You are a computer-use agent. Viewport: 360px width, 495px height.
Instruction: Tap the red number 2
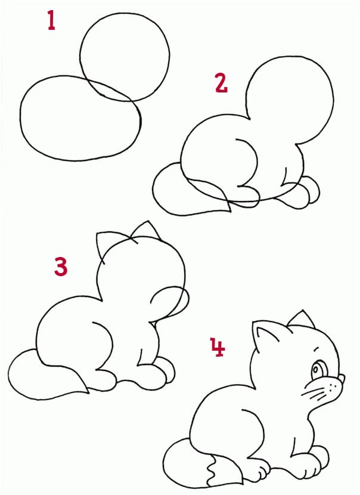pyautogui.click(x=221, y=83)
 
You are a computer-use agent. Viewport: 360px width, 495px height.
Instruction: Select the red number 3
pyautogui.click(x=61, y=266)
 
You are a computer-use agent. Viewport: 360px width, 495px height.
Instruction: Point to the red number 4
pyautogui.click(x=218, y=346)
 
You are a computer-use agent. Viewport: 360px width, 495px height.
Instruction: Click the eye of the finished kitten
pyautogui.click(x=317, y=369)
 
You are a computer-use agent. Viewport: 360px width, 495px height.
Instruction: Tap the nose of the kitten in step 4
pyautogui.click(x=342, y=378)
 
